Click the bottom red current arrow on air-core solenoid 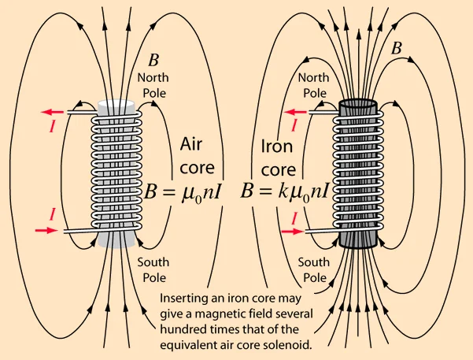(46, 231)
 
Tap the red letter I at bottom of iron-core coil (294, 217)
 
